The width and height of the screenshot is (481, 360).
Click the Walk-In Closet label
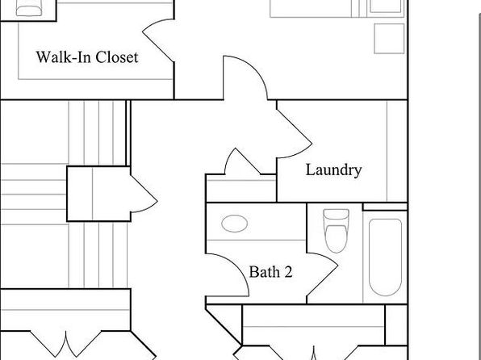coord(87,57)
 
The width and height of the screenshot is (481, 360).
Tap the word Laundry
coord(334,170)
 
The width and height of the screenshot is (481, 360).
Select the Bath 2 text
coord(270,272)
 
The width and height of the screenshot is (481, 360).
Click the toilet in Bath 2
coord(337,231)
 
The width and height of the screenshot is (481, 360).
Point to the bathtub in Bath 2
coord(385,257)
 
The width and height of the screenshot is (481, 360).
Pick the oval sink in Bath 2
coord(235,224)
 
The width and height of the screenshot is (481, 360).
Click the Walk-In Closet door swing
coord(159,40)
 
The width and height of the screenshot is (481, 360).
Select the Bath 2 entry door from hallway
coord(228,275)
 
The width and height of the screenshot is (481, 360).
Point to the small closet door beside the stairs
coord(144,194)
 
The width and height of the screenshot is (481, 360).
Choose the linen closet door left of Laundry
coord(242,161)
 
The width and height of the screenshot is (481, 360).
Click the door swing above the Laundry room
coord(245,78)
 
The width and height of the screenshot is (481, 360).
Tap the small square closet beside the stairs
coord(98,194)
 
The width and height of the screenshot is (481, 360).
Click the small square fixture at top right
coord(389,39)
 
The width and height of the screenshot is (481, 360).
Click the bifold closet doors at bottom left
coord(65,344)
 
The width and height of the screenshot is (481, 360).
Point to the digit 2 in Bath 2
coord(288,272)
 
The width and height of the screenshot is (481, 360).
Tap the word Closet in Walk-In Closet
coord(117,57)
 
